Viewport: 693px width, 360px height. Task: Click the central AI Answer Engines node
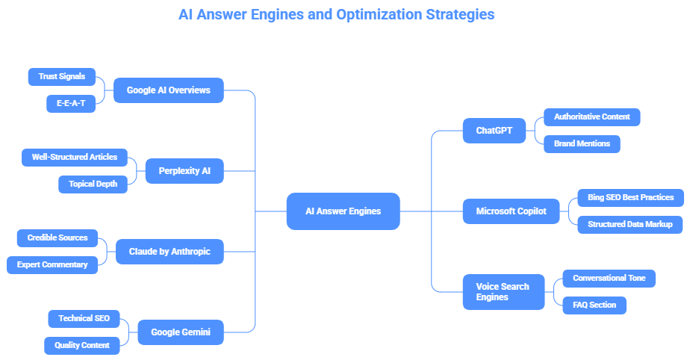click(x=343, y=211)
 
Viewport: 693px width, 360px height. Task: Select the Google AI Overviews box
click(x=168, y=90)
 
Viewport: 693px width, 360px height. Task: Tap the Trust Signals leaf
click(x=62, y=76)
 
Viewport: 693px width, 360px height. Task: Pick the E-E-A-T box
click(x=71, y=104)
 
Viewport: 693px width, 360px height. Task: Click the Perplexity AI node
click(x=184, y=171)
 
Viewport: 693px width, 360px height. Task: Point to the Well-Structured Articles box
click(x=74, y=158)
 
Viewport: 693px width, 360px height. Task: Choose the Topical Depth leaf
click(x=93, y=184)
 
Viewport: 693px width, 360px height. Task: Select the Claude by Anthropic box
click(x=170, y=252)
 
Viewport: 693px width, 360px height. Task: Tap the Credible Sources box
click(x=57, y=238)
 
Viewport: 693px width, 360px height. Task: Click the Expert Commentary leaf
click(x=52, y=265)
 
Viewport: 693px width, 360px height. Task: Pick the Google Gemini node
click(x=180, y=332)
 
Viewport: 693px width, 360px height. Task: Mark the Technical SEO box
click(x=84, y=319)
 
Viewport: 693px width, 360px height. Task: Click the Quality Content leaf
click(x=81, y=346)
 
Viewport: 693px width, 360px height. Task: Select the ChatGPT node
click(x=494, y=131)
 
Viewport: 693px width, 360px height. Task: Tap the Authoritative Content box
click(x=591, y=117)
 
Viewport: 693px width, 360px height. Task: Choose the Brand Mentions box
click(x=581, y=144)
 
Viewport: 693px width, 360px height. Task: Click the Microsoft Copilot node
click(x=511, y=211)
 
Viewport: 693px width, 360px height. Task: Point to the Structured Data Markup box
click(x=630, y=225)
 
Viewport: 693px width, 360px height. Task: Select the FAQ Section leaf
click(x=594, y=305)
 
